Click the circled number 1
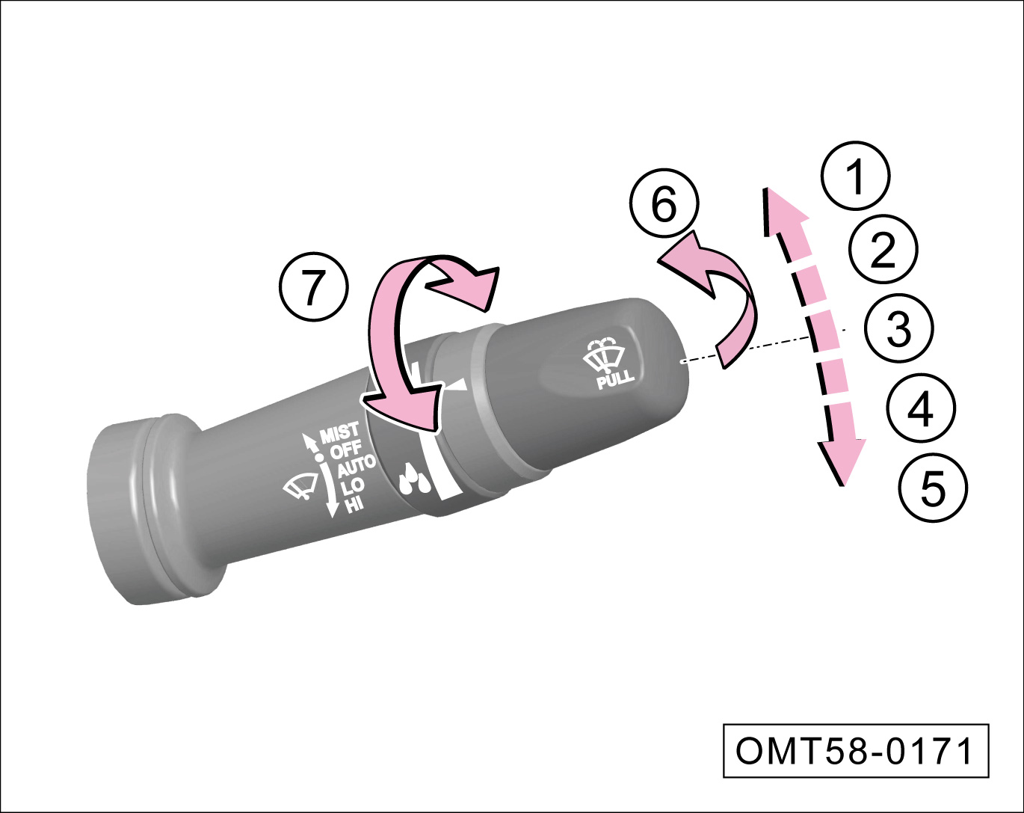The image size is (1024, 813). pos(856,176)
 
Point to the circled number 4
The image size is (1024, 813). pos(921,408)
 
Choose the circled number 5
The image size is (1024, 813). pos(934,487)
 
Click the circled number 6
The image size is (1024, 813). pos(664,203)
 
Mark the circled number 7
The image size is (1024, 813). pos(314,287)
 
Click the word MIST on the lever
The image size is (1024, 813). pos(340,432)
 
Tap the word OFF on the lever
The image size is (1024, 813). pos(346,450)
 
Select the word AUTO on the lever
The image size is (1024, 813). pos(357,466)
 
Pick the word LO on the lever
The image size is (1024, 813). pos(353,487)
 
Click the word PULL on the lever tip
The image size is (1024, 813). pos(615,379)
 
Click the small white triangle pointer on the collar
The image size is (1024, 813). pos(457,385)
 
